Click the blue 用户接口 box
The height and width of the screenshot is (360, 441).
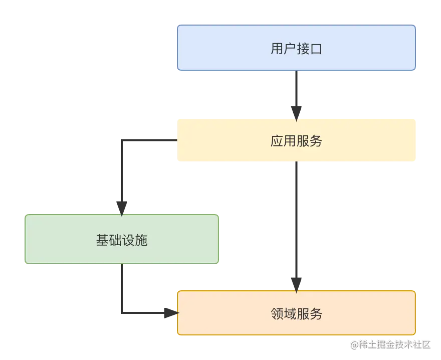[296, 48]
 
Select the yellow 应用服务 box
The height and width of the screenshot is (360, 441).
[296, 140]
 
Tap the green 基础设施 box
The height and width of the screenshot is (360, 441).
[122, 239]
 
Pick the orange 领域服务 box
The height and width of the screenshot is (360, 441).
[296, 313]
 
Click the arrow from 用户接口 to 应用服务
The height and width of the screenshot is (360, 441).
[296, 90]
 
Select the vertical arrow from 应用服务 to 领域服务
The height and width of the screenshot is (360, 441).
[296, 221]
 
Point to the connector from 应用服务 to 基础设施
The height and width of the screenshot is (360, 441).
[122, 170]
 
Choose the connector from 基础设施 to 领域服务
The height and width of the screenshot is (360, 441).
[122, 291]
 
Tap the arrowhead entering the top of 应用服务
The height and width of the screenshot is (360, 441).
[296, 111]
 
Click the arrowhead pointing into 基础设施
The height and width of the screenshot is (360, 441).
[122, 208]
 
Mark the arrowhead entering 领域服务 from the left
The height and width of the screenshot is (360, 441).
[168, 313]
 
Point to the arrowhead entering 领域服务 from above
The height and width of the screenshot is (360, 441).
[296, 284]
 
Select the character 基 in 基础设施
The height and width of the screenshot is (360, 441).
[102, 240]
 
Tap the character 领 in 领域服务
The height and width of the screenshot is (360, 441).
[277, 314]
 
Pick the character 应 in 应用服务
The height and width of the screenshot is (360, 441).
[277, 141]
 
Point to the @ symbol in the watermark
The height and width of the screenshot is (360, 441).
[354, 344]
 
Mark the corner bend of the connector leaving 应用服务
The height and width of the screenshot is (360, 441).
[122, 141]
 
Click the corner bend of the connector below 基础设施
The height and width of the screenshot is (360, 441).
[122, 313]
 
